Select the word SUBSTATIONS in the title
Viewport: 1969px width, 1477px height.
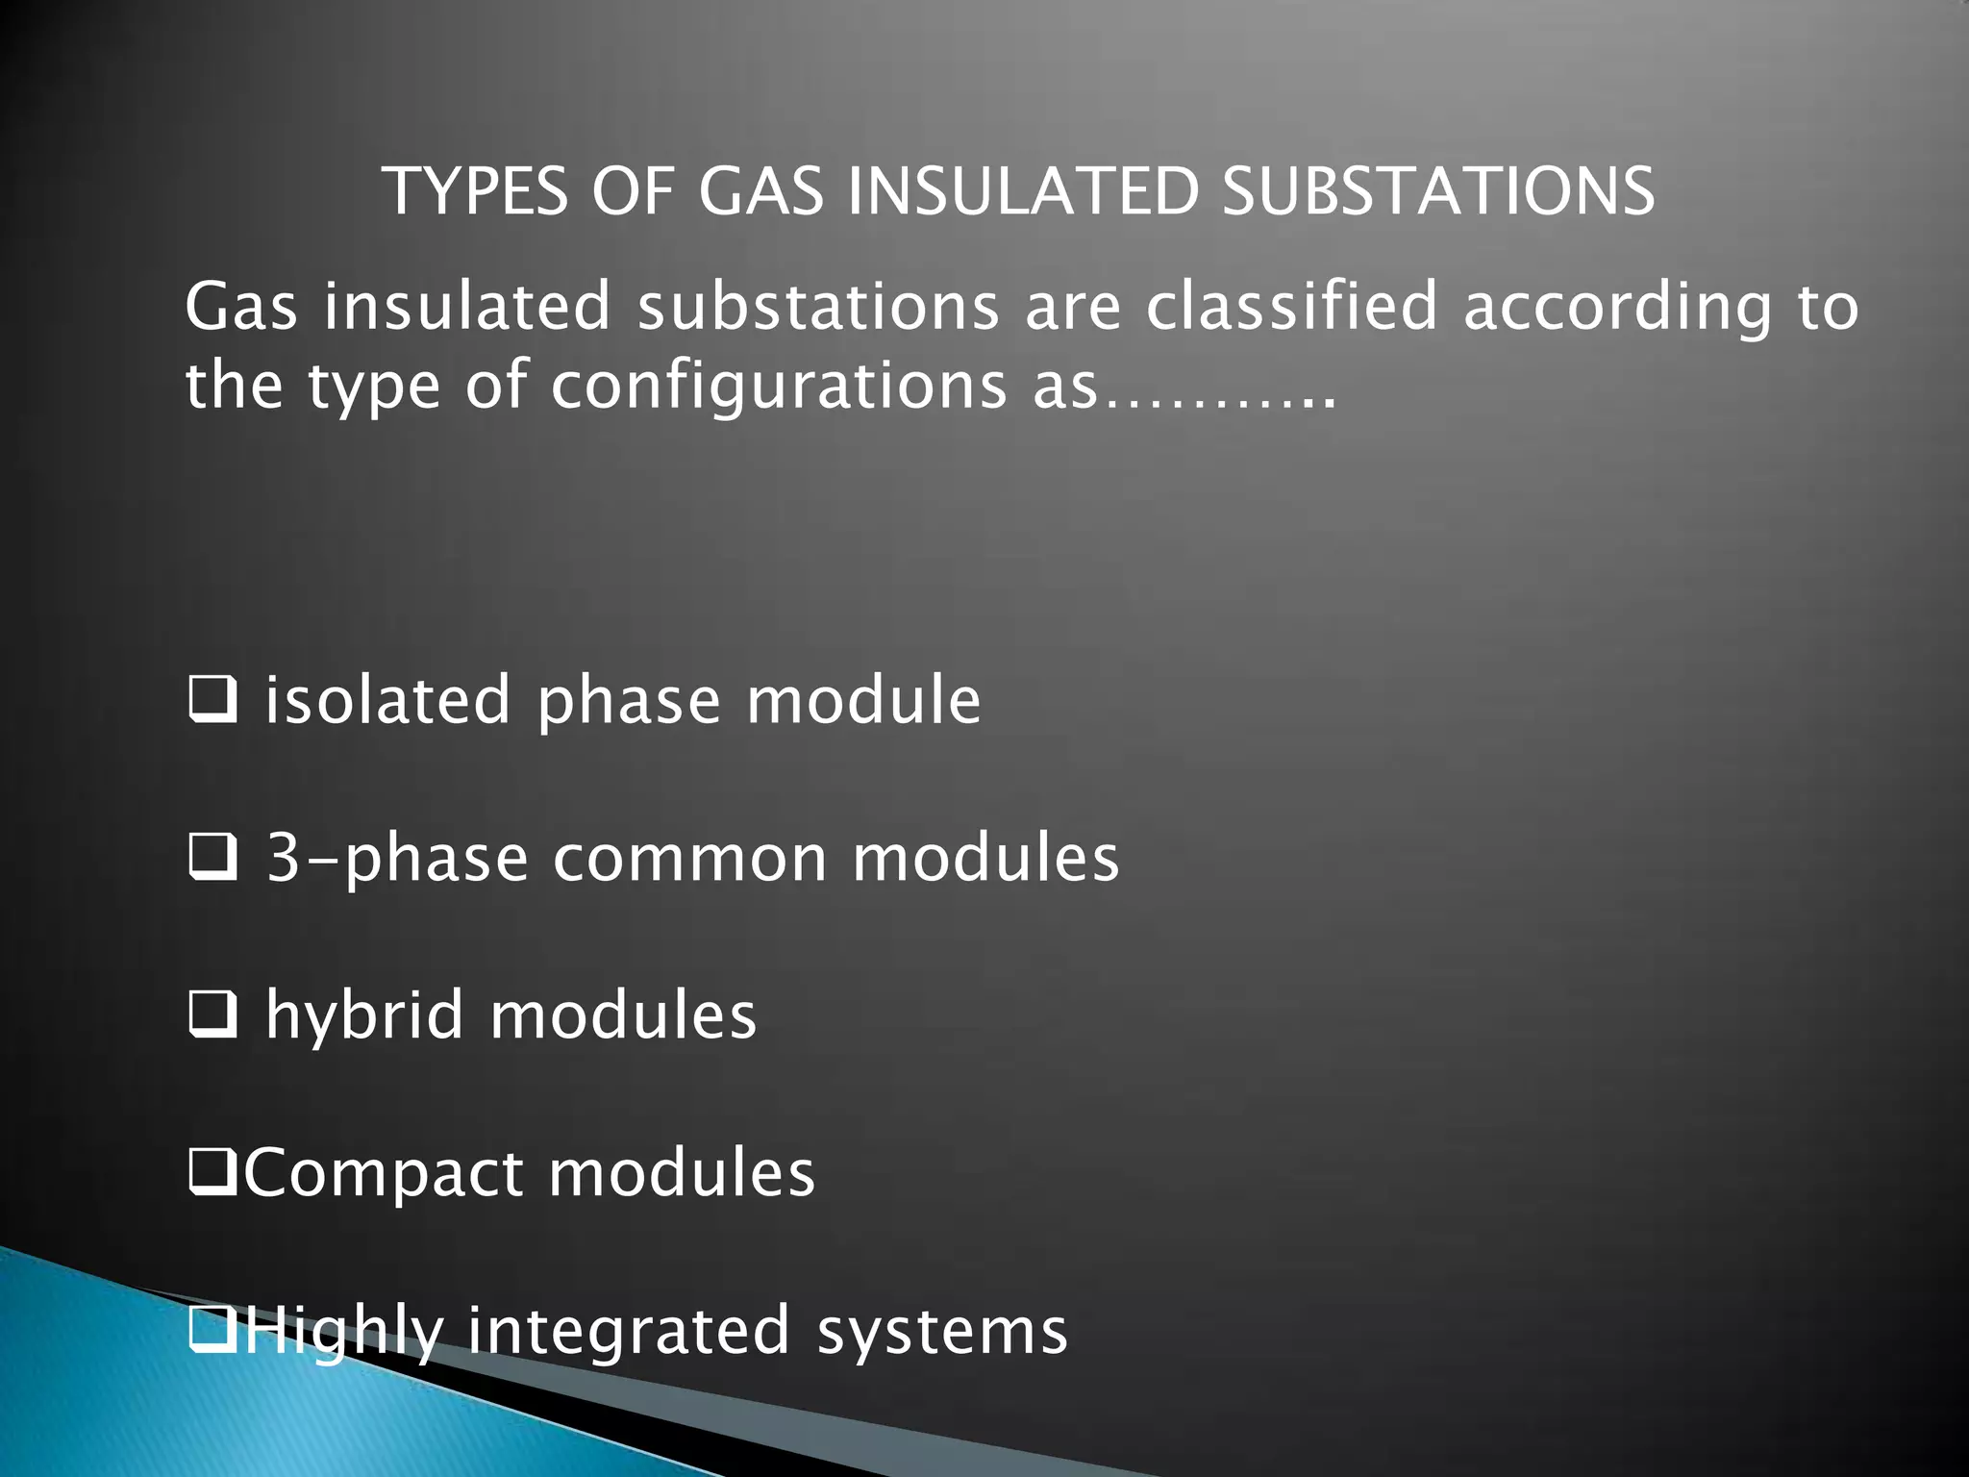coord(1438,190)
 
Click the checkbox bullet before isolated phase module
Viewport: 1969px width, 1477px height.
coord(212,700)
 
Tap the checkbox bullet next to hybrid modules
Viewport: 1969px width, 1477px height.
coord(212,1015)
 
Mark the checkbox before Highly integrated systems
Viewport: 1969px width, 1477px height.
coord(212,1331)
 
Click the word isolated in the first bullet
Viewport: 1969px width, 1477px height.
coord(387,699)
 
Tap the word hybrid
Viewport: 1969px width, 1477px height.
coord(365,1015)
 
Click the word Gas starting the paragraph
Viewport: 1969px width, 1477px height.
coord(241,307)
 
